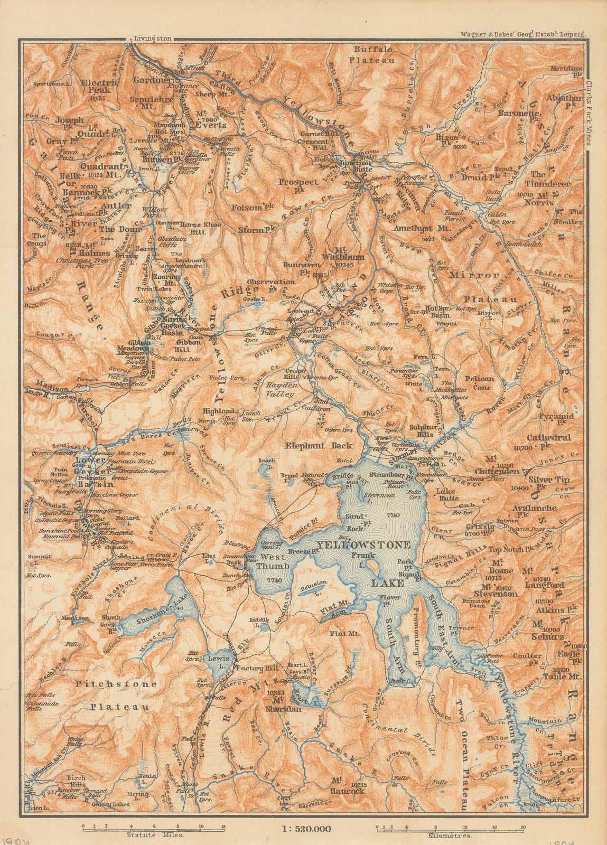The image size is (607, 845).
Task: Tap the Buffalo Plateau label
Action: click(x=375, y=55)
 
